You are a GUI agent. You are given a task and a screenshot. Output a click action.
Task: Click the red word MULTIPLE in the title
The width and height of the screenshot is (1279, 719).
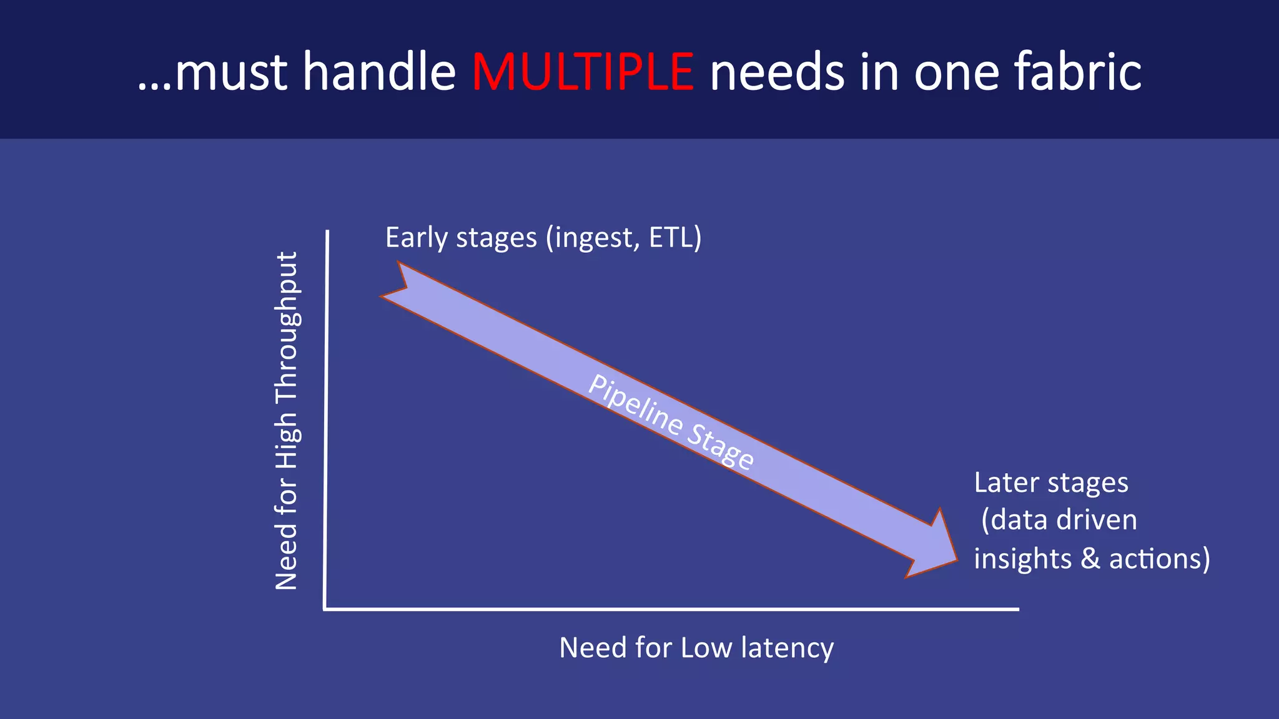(582, 72)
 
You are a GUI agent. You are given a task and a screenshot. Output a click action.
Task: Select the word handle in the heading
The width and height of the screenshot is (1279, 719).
(379, 72)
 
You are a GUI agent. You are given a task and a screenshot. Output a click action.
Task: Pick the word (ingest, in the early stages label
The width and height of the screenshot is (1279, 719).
(593, 238)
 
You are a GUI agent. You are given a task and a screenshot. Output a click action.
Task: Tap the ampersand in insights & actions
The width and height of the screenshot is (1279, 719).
(1090, 558)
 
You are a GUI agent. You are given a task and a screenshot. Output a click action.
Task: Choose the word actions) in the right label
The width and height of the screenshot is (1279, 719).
(1159, 558)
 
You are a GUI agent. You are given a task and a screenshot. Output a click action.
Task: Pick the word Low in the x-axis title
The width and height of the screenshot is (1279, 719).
(706, 648)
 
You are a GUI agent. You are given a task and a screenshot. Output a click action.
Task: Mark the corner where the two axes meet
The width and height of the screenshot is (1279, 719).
(325, 609)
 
